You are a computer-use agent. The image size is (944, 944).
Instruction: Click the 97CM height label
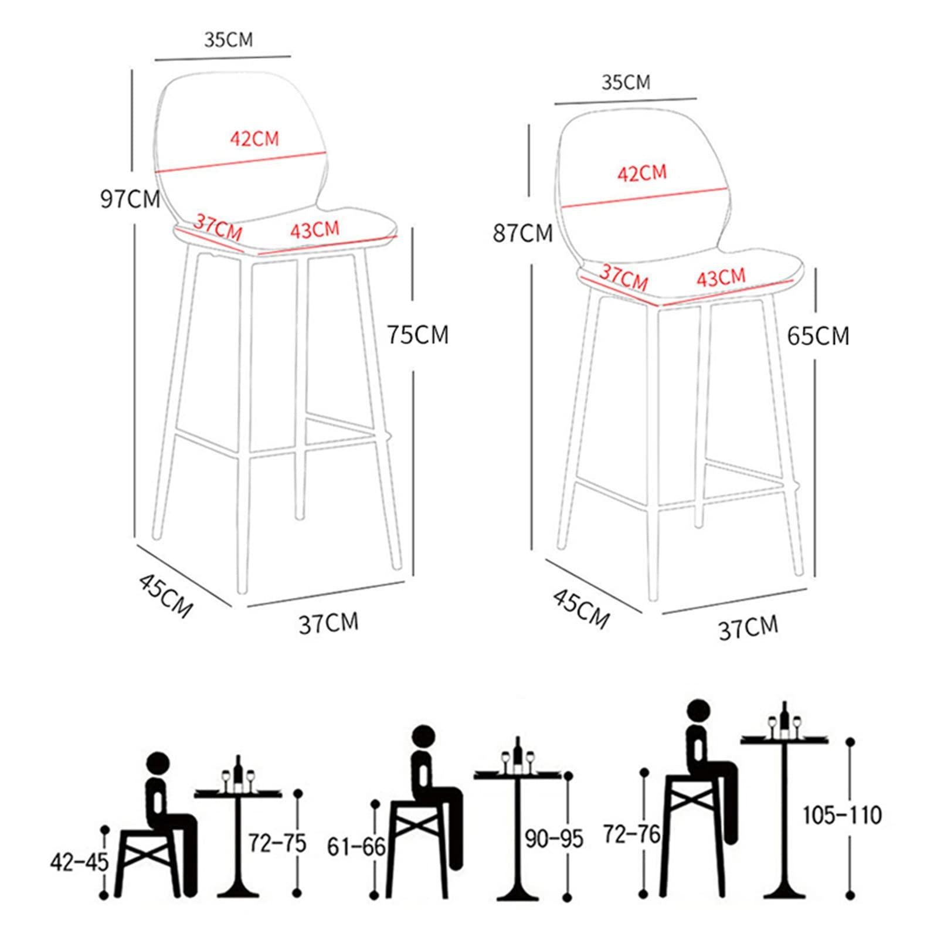click(x=130, y=199)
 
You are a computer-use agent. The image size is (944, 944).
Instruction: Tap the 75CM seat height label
click(x=417, y=335)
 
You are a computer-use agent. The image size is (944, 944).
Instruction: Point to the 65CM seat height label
click(x=818, y=336)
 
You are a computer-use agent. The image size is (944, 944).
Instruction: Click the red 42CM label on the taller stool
click(x=254, y=139)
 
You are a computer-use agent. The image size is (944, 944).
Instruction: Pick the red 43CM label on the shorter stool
click(x=721, y=277)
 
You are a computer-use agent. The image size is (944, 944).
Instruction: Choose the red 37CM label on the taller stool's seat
click(x=218, y=227)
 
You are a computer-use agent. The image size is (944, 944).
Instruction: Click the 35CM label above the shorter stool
click(x=626, y=83)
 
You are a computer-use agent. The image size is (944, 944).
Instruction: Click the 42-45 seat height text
click(x=80, y=862)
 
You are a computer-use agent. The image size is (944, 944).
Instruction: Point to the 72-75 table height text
click(x=277, y=843)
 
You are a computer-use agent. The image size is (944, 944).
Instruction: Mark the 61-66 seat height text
click(x=356, y=846)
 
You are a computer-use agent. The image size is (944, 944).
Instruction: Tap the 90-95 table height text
click(x=554, y=839)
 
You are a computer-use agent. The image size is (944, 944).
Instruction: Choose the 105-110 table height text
click(x=842, y=815)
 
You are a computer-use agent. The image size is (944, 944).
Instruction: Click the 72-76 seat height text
click(x=632, y=834)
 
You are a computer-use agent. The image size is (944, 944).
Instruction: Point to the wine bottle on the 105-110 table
click(x=785, y=717)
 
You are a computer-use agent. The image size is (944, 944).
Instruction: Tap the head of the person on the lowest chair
click(x=157, y=765)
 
